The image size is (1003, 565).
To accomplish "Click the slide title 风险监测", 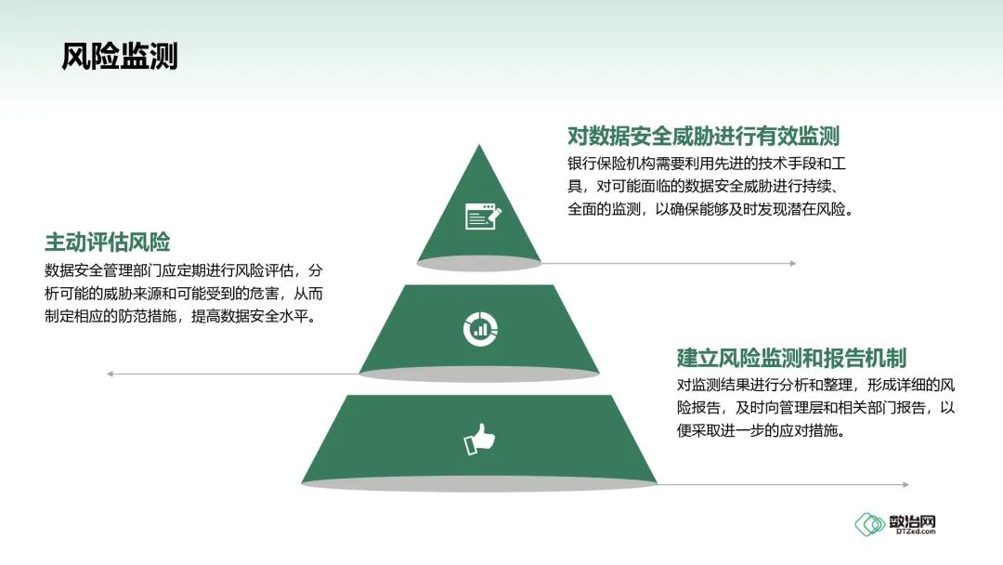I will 119,56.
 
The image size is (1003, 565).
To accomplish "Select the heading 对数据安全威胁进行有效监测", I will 703,137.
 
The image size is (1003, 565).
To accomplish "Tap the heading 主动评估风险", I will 108,243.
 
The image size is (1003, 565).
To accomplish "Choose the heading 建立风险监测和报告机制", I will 791,358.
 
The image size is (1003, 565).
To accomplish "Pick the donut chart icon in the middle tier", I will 480,327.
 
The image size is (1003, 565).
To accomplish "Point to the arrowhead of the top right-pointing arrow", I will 792,264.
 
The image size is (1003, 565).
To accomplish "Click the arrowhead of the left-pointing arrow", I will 110,374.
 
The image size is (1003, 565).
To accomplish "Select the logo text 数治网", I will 912,520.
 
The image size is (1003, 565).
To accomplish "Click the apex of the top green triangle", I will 479,146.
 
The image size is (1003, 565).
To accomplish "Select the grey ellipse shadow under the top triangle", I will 479,264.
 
